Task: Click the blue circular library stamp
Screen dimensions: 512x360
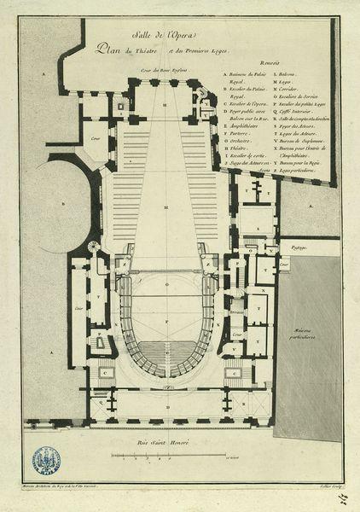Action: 46,461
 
